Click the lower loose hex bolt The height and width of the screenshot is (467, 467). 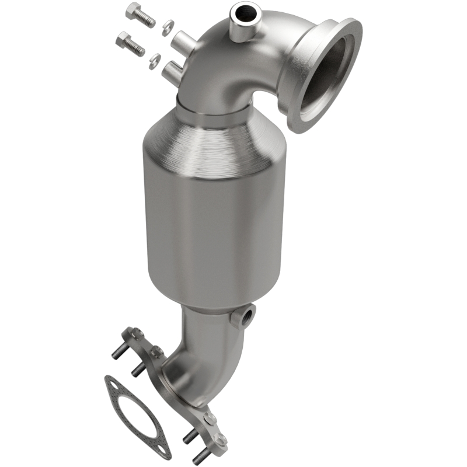pos(130,44)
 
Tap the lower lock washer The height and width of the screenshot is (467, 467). pos(156,58)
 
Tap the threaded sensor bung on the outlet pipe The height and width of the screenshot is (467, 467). pos(243,316)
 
